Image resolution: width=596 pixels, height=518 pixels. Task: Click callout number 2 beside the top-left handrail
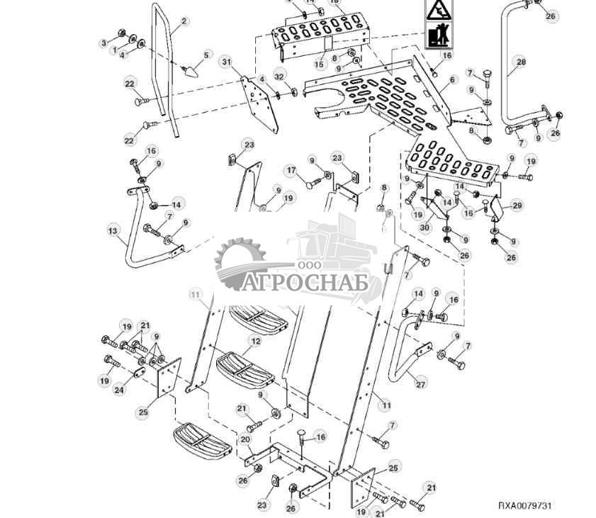(x=184, y=22)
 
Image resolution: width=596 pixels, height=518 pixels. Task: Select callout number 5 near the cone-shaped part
(x=207, y=55)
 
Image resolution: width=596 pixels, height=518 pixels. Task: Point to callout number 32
(x=279, y=77)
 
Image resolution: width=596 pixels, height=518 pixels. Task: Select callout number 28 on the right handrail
(x=521, y=62)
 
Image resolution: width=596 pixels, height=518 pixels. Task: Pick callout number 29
(x=517, y=205)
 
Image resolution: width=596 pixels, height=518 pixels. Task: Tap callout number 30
(x=424, y=227)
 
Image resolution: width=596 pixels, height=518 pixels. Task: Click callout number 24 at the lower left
(x=120, y=389)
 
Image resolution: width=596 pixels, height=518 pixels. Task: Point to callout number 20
(x=245, y=439)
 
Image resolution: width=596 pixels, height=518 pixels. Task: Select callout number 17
(x=291, y=170)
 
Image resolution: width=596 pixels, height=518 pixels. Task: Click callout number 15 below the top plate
(x=319, y=64)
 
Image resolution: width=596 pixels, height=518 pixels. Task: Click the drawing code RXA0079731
(x=524, y=505)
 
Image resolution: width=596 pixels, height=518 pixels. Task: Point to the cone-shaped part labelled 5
(x=191, y=69)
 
